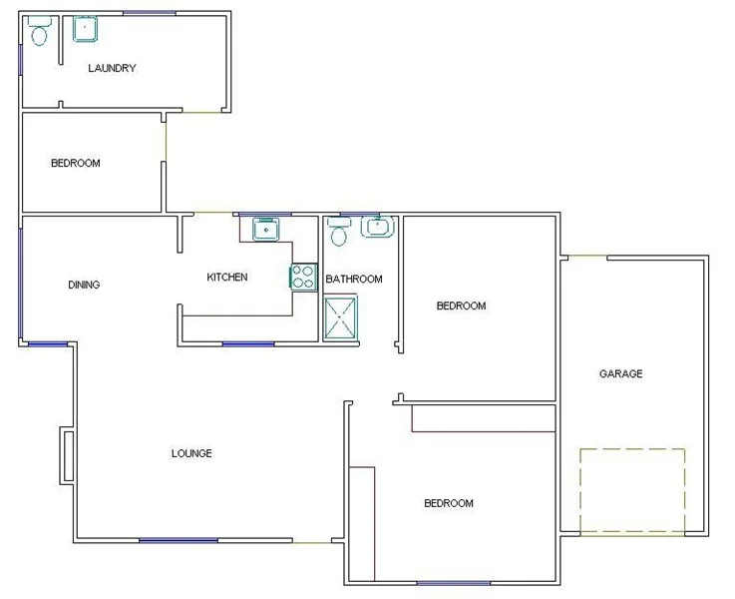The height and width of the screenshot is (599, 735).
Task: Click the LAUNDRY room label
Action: tap(112, 69)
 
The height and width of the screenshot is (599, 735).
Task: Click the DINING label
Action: tap(84, 285)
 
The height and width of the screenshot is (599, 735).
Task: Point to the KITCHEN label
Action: tap(226, 277)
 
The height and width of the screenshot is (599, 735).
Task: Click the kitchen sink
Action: tap(265, 231)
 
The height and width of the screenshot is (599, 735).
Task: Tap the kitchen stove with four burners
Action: tap(303, 276)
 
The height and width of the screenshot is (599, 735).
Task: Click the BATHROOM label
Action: tap(353, 279)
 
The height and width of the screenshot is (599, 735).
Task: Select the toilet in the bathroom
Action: tap(338, 234)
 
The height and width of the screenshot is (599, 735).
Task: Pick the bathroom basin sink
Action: tap(377, 228)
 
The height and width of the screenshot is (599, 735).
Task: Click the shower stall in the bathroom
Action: tap(340, 316)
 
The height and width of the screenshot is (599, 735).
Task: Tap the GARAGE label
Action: tap(620, 374)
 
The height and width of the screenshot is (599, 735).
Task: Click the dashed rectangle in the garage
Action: tap(632, 490)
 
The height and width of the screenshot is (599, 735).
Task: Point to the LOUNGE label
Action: tap(191, 453)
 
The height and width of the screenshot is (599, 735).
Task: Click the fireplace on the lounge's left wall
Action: tap(67, 456)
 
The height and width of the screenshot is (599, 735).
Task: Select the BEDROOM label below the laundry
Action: tap(76, 163)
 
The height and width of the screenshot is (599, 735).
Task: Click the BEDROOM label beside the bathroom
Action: tap(461, 305)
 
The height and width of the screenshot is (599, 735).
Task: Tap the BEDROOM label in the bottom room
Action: tap(449, 503)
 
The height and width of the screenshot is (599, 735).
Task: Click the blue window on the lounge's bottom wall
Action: tap(179, 541)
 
